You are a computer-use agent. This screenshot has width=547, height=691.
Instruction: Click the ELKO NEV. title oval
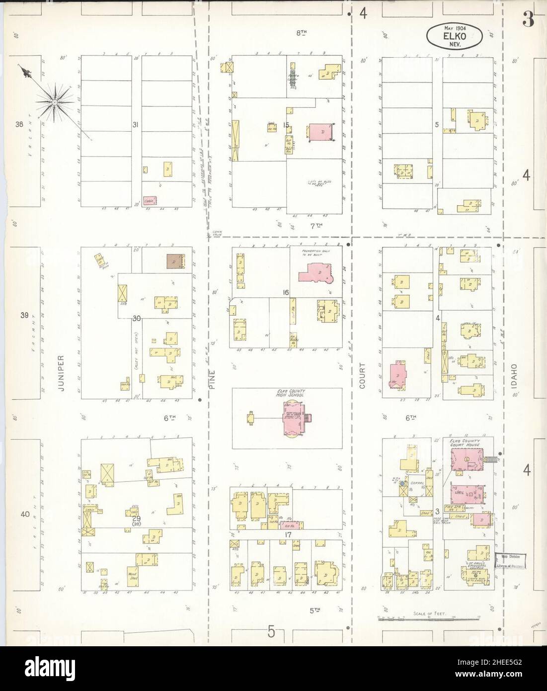tap(455, 36)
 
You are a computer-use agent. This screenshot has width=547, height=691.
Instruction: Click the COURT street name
tap(362, 377)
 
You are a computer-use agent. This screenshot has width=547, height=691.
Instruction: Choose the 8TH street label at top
tap(301, 47)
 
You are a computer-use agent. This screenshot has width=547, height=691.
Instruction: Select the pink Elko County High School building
tap(292, 418)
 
